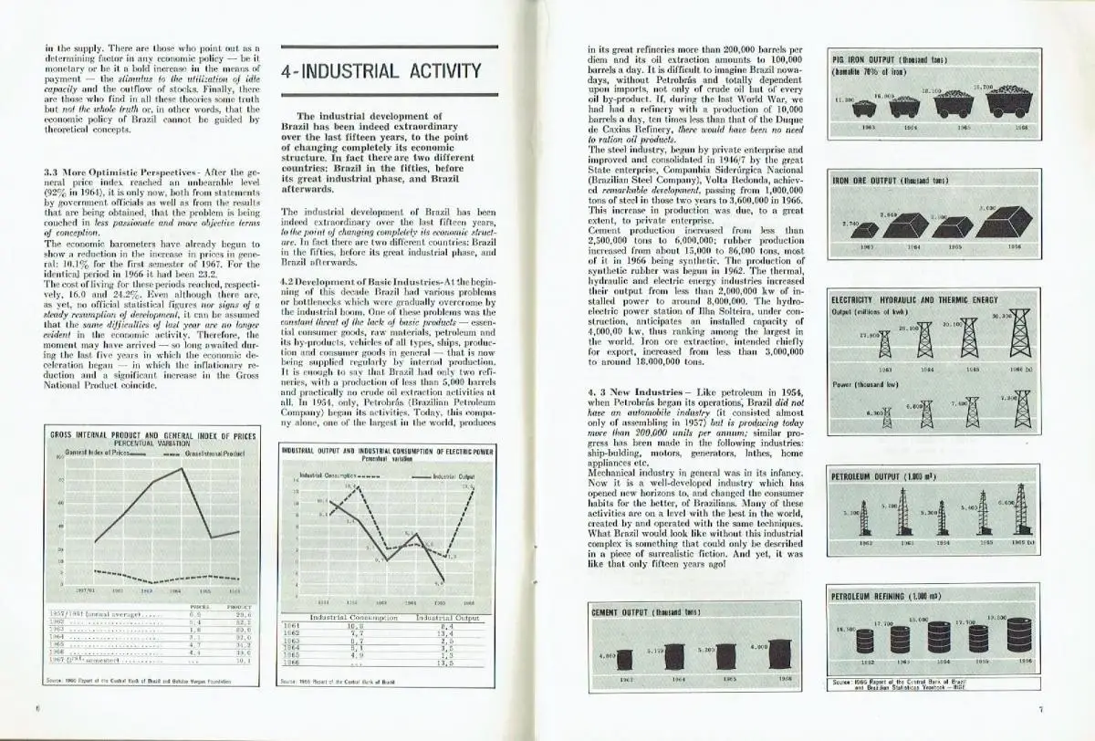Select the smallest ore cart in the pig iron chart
[x=864, y=108]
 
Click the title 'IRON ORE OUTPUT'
[x=876, y=181]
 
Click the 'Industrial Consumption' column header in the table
[x=354, y=618]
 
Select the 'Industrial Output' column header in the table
[x=446, y=618]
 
